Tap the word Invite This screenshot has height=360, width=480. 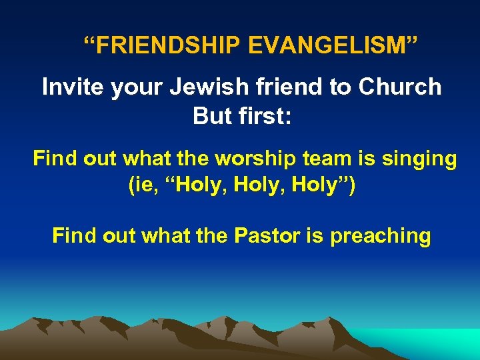[x=69, y=87]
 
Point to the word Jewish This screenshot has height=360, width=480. [x=202, y=87]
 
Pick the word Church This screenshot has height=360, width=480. [x=399, y=87]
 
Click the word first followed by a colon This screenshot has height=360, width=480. [x=266, y=115]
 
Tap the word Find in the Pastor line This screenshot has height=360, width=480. [x=72, y=235]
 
